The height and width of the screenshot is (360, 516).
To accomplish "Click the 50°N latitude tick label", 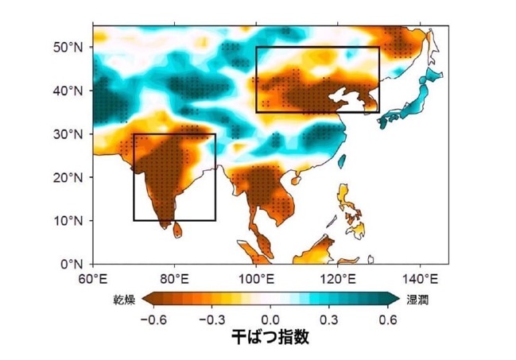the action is (68, 47).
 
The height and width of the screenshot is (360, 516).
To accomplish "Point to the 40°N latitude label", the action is (68, 90).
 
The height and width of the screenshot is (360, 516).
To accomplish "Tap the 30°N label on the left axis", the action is (68, 134).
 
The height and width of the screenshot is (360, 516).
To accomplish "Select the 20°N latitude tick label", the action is (68, 177).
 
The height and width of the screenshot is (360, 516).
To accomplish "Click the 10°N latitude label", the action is (68, 220).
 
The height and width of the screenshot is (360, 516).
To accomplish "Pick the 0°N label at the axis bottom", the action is (72, 264).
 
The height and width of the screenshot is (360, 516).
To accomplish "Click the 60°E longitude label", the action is (93, 280).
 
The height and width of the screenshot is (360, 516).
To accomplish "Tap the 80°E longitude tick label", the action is (174, 280).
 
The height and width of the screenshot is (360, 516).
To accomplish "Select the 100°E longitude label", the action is (256, 280).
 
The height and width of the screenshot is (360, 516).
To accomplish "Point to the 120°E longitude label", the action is (338, 280).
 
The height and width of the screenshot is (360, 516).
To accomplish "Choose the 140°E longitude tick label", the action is (420, 280).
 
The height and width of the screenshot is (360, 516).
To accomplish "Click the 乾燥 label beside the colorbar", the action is (124, 300).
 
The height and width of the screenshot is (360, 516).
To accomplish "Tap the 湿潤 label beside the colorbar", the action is (417, 300).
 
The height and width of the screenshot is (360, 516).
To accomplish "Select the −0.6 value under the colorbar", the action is (153, 319).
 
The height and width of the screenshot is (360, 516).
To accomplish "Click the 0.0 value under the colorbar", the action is (270, 319).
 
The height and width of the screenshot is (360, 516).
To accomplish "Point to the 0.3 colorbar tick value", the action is (329, 319).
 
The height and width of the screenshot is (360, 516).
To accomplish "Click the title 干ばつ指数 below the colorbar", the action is (270, 337).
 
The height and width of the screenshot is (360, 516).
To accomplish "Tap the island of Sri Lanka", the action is (177, 230).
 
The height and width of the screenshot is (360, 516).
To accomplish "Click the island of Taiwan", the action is (342, 161).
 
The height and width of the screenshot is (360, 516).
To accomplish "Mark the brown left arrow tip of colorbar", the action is (142, 300).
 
